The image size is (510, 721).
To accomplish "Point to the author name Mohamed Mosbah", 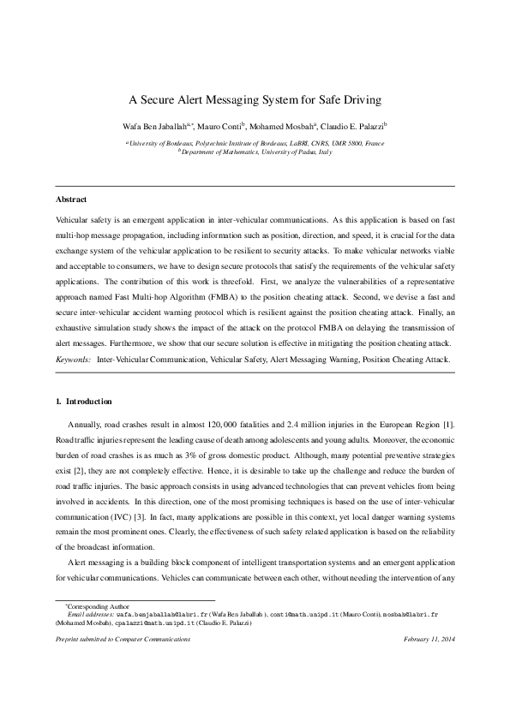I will [x=287, y=125].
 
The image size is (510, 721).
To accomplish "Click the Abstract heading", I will [x=70, y=199].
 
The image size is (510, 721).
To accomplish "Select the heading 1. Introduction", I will [x=83, y=401].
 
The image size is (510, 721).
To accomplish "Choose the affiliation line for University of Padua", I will [x=255, y=152].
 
